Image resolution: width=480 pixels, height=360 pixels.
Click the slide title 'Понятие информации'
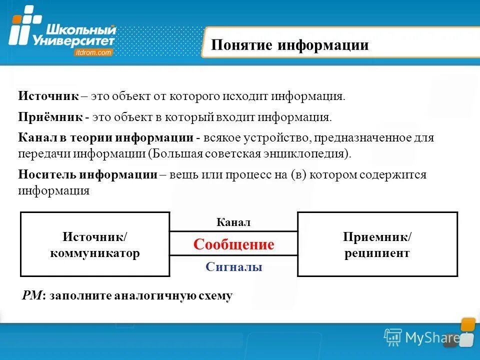point(289,45)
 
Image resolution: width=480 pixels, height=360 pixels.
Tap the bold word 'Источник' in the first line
point(48,96)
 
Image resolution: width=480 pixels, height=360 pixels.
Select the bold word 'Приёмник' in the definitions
point(50,118)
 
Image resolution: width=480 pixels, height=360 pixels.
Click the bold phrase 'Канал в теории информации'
point(105,138)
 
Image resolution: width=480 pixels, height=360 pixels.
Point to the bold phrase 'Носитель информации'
point(87,175)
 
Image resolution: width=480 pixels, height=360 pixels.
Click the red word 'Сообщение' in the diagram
point(233,244)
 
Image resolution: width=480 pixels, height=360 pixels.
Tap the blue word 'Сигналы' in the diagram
point(233,267)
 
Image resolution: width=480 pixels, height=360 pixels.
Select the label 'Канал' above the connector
point(233,222)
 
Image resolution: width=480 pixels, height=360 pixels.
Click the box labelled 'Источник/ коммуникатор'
point(95,244)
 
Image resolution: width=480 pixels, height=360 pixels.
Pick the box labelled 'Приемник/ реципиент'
point(377,244)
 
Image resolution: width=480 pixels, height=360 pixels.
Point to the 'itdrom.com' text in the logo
point(92,52)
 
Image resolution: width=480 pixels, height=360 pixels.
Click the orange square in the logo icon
point(17,19)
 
